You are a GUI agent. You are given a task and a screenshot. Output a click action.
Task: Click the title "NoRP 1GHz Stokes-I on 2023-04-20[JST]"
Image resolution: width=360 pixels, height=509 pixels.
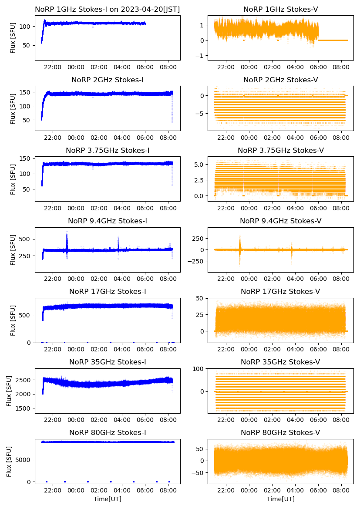[x=108, y=9]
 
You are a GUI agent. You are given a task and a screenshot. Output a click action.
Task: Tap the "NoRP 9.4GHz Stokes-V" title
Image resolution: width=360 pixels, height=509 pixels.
[x=280, y=221]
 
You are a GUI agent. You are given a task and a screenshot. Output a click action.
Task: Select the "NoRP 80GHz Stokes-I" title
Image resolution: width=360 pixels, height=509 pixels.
[x=108, y=433]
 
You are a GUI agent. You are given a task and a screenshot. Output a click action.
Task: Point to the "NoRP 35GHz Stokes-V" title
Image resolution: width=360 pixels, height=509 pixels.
[x=280, y=362]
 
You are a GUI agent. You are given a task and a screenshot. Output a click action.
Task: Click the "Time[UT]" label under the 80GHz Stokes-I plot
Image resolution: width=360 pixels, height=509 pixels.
[x=108, y=499]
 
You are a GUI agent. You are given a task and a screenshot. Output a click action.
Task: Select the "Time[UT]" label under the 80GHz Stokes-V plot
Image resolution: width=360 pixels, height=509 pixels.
[x=280, y=499]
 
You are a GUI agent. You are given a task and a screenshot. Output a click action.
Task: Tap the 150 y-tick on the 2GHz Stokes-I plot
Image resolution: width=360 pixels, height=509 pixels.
[x=25, y=92]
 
